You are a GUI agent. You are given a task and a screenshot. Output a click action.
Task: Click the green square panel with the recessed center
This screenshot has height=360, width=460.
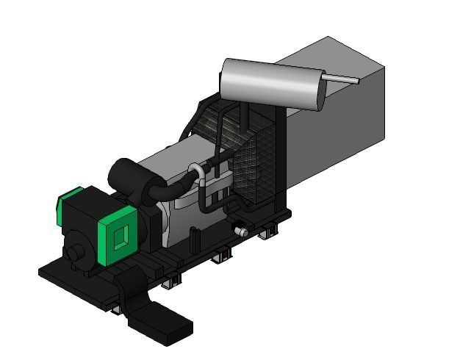118,234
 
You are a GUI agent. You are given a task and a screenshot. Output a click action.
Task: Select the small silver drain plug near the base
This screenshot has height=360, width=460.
240,231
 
